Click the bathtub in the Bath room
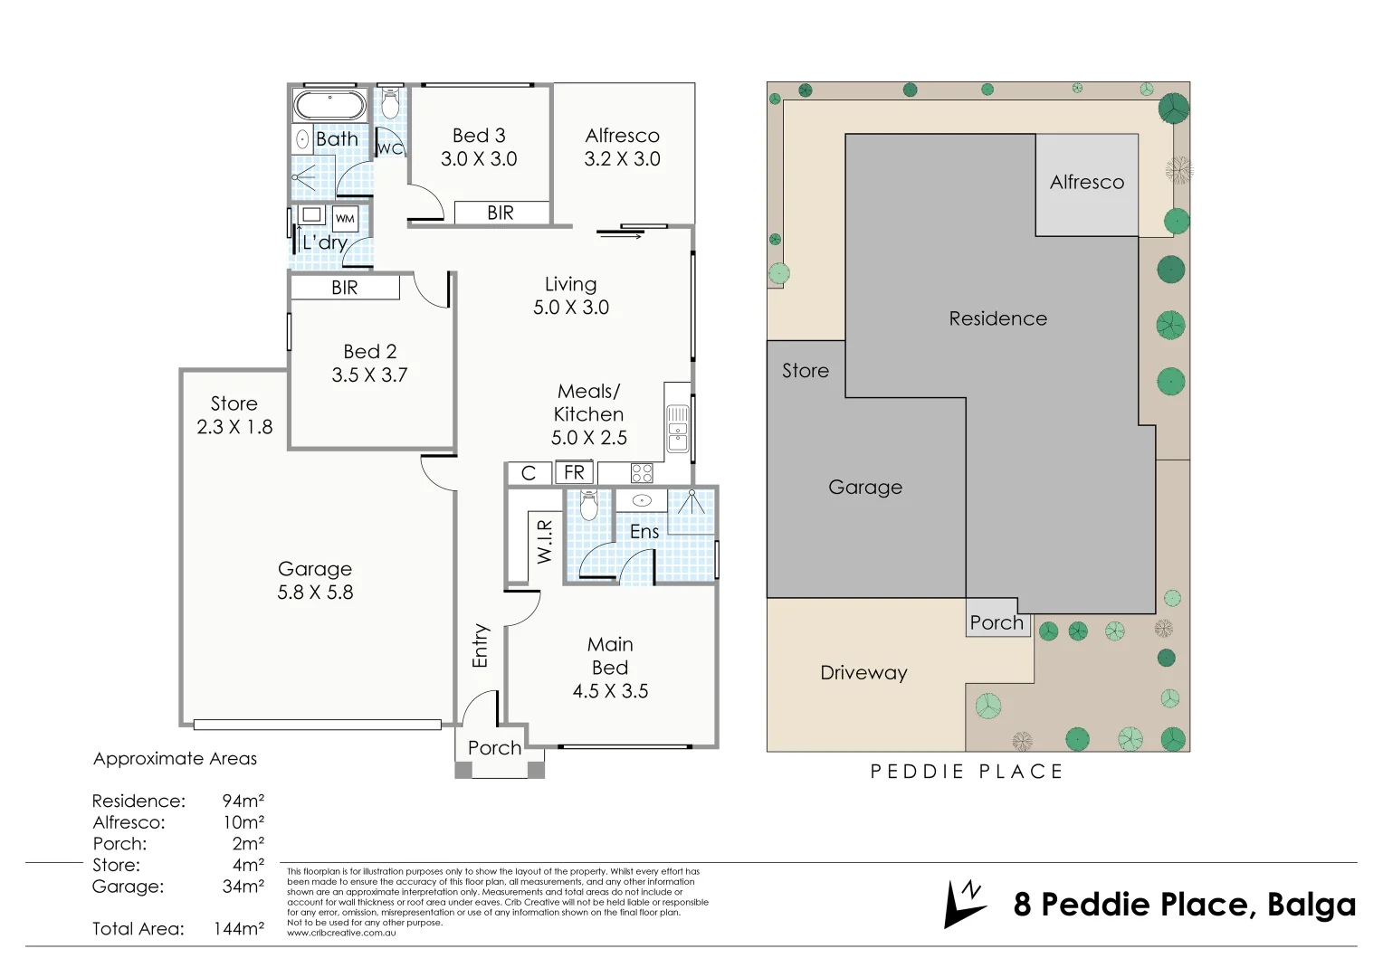(329, 105)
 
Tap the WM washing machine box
(345, 218)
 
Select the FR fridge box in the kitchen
(574, 472)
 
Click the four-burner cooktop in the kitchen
(642, 472)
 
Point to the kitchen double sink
(677, 429)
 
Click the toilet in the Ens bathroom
(588, 506)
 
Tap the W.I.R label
(544, 541)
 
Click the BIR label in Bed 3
(500, 213)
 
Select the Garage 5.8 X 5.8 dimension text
(315, 593)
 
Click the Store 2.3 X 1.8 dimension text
(234, 427)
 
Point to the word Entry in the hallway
(480, 645)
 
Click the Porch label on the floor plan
(494, 748)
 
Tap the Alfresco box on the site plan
(1086, 184)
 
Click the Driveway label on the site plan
(863, 673)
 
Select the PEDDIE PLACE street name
(967, 772)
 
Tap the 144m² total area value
(239, 929)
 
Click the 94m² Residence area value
(243, 801)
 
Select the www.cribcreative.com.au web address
(341, 933)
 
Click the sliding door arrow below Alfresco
(621, 236)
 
